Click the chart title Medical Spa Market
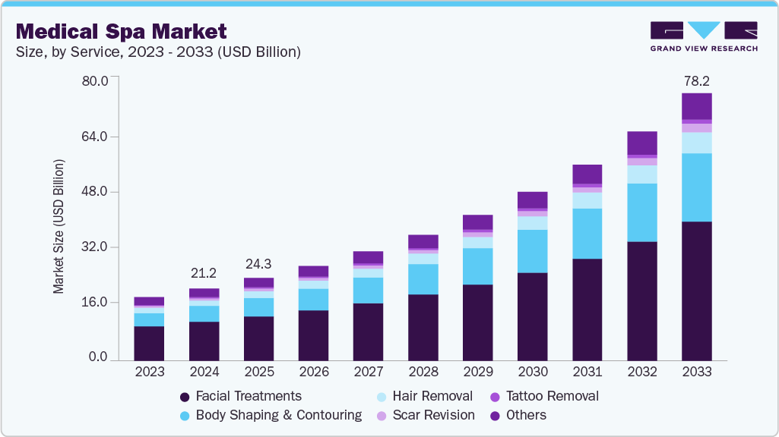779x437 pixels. [x=121, y=32]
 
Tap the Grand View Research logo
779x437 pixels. [x=704, y=36]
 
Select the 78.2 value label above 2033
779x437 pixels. [x=697, y=80]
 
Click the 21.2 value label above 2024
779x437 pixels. [x=204, y=273]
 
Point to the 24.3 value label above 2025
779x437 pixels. [x=259, y=264]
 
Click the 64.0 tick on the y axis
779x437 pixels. [x=96, y=137]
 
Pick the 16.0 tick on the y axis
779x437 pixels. [x=96, y=302]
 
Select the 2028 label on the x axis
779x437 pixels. [x=423, y=373]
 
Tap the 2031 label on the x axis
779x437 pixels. [x=587, y=373]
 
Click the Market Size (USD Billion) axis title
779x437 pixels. [x=59, y=226]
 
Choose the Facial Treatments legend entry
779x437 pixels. [x=240, y=396]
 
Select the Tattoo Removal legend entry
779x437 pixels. [x=544, y=396]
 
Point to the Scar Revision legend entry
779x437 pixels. [x=427, y=415]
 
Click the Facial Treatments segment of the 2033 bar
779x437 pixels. [x=697, y=291]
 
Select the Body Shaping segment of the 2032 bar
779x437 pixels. [x=642, y=212]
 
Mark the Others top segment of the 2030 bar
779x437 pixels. [x=533, y=200]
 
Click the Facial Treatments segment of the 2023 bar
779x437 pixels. [x=150, y=343]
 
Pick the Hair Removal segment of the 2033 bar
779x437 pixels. [x=697, y=143]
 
